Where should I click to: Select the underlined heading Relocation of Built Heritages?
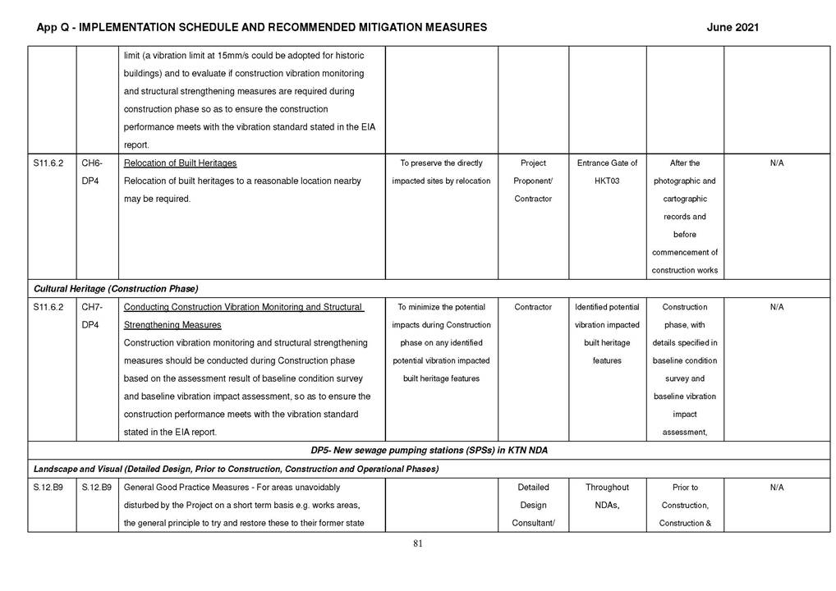point(180,163)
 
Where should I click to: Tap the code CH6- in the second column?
point(91,163)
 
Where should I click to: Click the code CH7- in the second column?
point(91,307)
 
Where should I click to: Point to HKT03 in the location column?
point(607,181)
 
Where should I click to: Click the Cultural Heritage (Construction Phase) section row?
point(116,288)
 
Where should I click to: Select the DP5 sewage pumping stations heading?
point(429,451)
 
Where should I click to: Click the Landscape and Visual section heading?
point(236,469)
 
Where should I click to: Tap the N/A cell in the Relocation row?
point(777,163)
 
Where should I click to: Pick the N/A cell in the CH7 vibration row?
point(777,307)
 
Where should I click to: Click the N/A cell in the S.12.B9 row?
point(777,488)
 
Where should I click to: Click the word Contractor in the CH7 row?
point(533,307)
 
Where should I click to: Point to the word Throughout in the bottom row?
point(607,488)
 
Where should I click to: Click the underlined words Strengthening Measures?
point(172,325)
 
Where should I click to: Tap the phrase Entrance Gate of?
point(607,163)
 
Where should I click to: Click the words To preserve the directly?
point(441,163)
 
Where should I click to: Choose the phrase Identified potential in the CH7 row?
point(607,307)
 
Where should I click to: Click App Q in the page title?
point(52,27)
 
